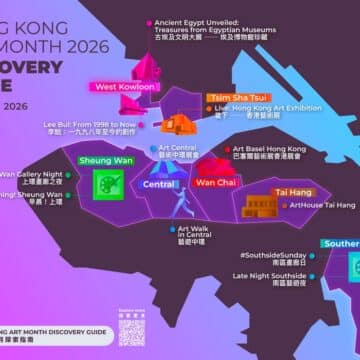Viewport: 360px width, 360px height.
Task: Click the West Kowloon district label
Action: pyautogui.click(x=125, y=87)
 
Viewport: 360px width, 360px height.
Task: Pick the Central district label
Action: pyautogui.click(x=160, y=184)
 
